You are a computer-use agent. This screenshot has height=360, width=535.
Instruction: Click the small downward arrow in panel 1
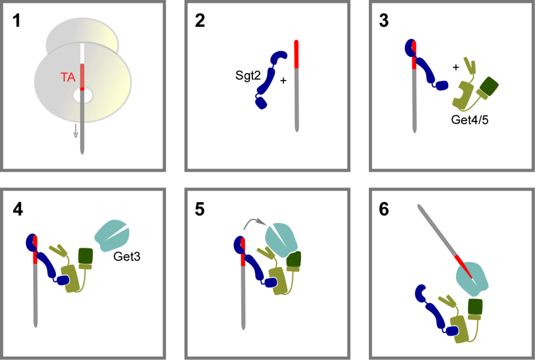(76, 131)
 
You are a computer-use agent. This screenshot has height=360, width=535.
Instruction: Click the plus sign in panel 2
(284, 82)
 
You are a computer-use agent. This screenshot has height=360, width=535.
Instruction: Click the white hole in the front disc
(83, 96)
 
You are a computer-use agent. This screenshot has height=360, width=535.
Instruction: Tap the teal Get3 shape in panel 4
(111, 236)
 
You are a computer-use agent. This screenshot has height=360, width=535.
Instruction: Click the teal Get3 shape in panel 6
(473, 277)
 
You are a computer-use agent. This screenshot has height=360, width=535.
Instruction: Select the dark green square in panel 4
(85, 256)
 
